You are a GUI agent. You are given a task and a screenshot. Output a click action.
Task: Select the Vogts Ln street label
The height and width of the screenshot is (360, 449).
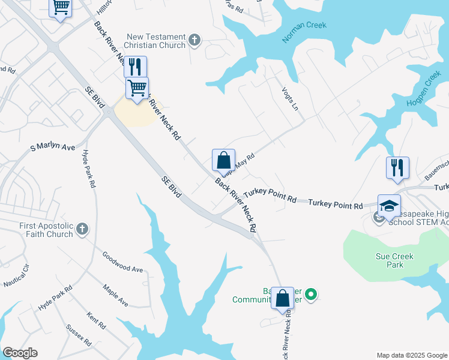pyautogui.click(x=289, y=98)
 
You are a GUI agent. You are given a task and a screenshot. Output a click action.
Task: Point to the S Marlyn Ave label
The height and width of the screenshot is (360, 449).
pyautogui.click(x=53, y=147)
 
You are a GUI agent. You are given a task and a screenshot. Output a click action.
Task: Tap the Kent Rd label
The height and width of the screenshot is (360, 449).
pyautogui.click(x=96, y=320)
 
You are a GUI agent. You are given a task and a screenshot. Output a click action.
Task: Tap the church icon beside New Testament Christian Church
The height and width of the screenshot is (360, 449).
pyautogui.click(x=194, y=41)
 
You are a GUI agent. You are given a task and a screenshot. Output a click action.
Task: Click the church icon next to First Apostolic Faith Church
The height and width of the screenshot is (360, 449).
pyautogui.click(x=82, y=229)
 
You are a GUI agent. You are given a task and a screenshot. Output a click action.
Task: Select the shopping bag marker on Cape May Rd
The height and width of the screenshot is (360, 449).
pyautogui.click(x=223, y=160)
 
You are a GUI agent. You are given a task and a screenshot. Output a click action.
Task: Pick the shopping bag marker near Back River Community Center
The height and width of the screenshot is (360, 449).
pyautogui.click(x=282, y=297)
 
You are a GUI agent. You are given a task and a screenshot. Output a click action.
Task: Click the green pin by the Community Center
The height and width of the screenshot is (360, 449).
pyautogui.click(x=310, y=295)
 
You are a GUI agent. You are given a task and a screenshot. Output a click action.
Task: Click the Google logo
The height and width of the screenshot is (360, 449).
pyautogui.click(x=20, y=353)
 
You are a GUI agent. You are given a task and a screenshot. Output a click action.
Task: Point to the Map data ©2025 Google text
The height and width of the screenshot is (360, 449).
pyautogui.click(x=412, y=355)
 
